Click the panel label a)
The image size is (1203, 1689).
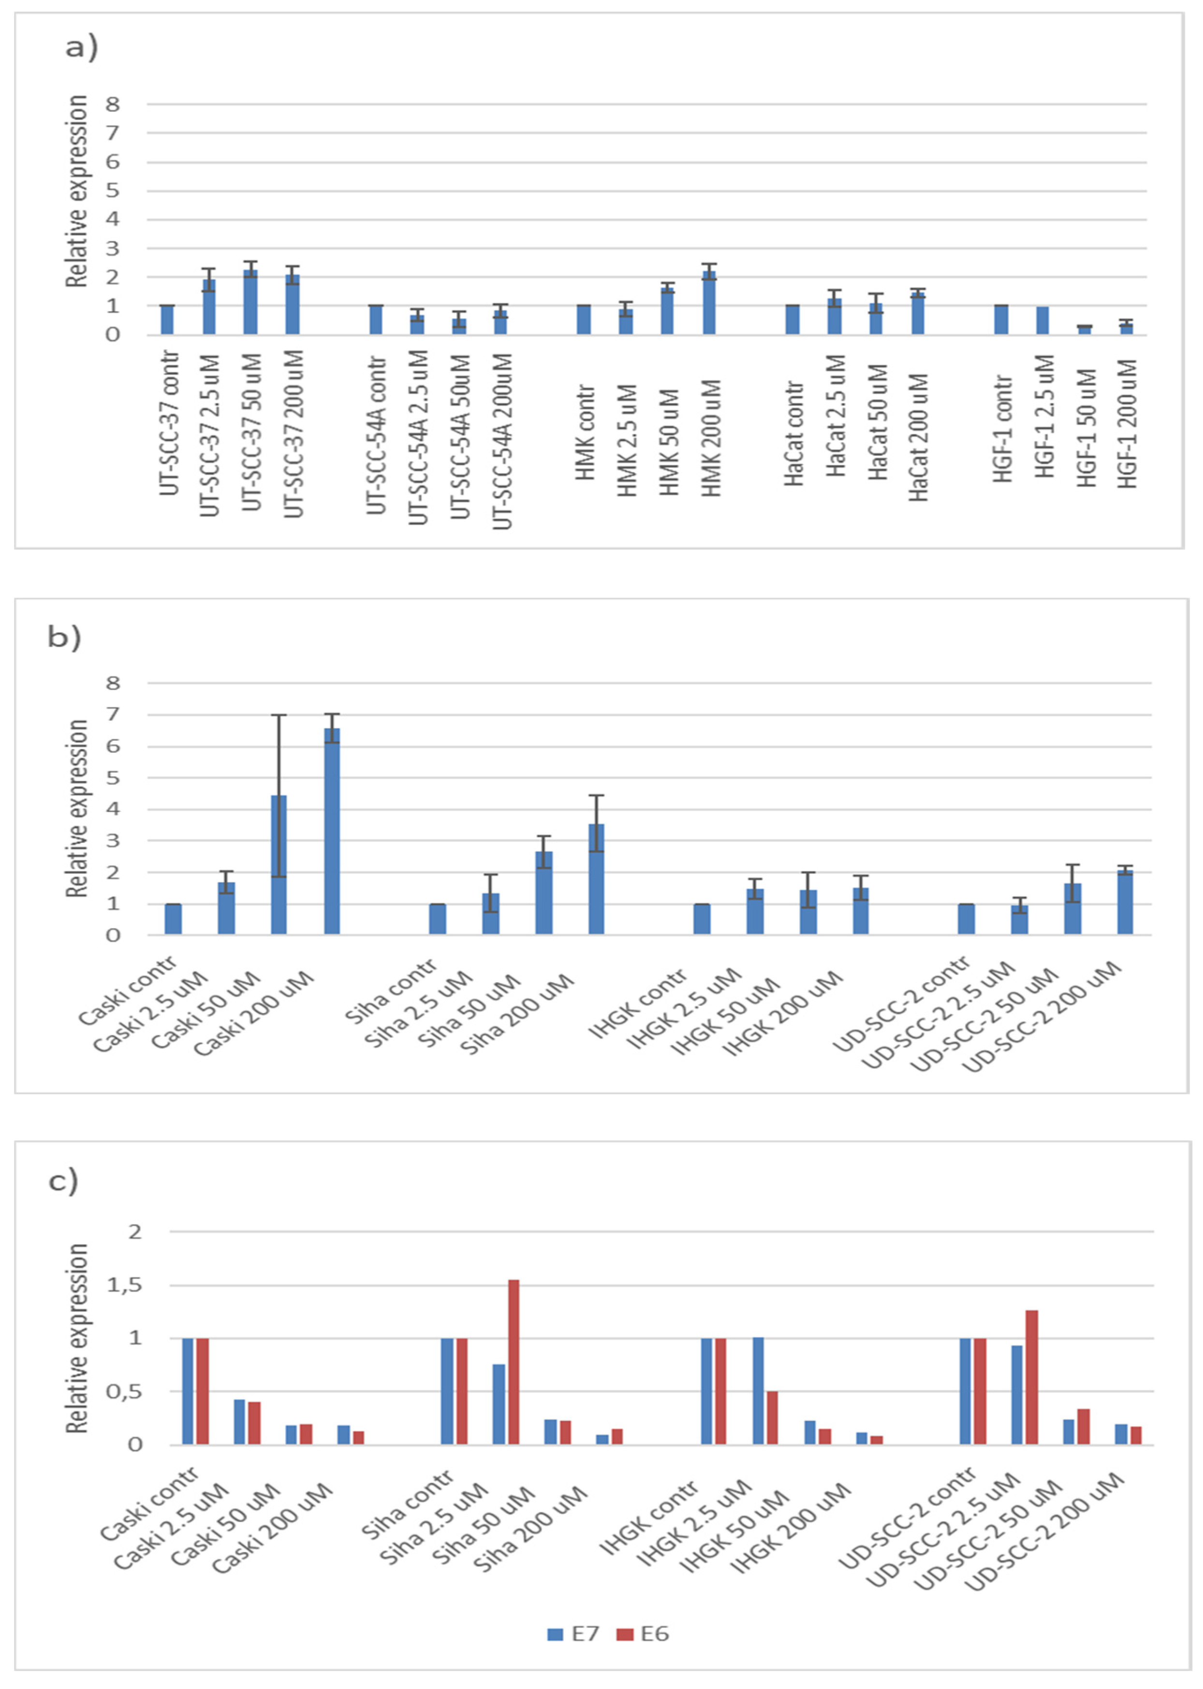click(x=82, y=47)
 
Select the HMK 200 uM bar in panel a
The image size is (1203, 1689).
click(x=709, y=302)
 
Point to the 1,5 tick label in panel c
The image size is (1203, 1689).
click(x=124, y=1285)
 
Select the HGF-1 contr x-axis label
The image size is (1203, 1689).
click(x=1002, y=429)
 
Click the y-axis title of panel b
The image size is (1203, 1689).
click(x=76, y=808)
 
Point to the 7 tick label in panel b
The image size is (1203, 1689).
click(x=113, y=715)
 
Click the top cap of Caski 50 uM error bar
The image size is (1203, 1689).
click(x=279, y=715)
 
